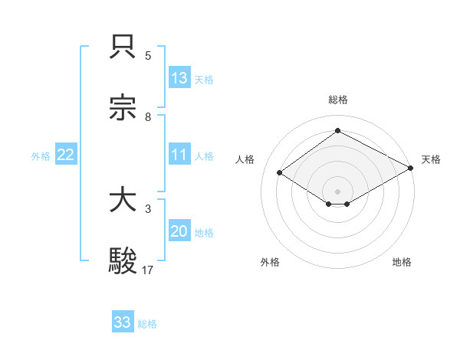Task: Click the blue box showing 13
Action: click(179, 78)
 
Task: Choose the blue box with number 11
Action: click(179, 155)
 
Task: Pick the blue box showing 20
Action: click(179, 231)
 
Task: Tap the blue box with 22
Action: click(66, 155)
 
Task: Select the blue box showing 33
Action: click(123, 322)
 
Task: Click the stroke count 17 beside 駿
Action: click(149, 270)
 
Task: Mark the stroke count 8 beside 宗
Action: click(148, 116)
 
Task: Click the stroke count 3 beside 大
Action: click(148, 208)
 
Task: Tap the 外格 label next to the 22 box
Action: click(41, 156)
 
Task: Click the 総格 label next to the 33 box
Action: click(148, 324)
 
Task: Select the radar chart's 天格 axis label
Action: click(431, 159)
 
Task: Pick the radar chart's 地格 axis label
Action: click(402, 262)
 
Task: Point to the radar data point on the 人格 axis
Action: click(280, 173)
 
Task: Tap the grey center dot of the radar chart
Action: click(337, 191)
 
